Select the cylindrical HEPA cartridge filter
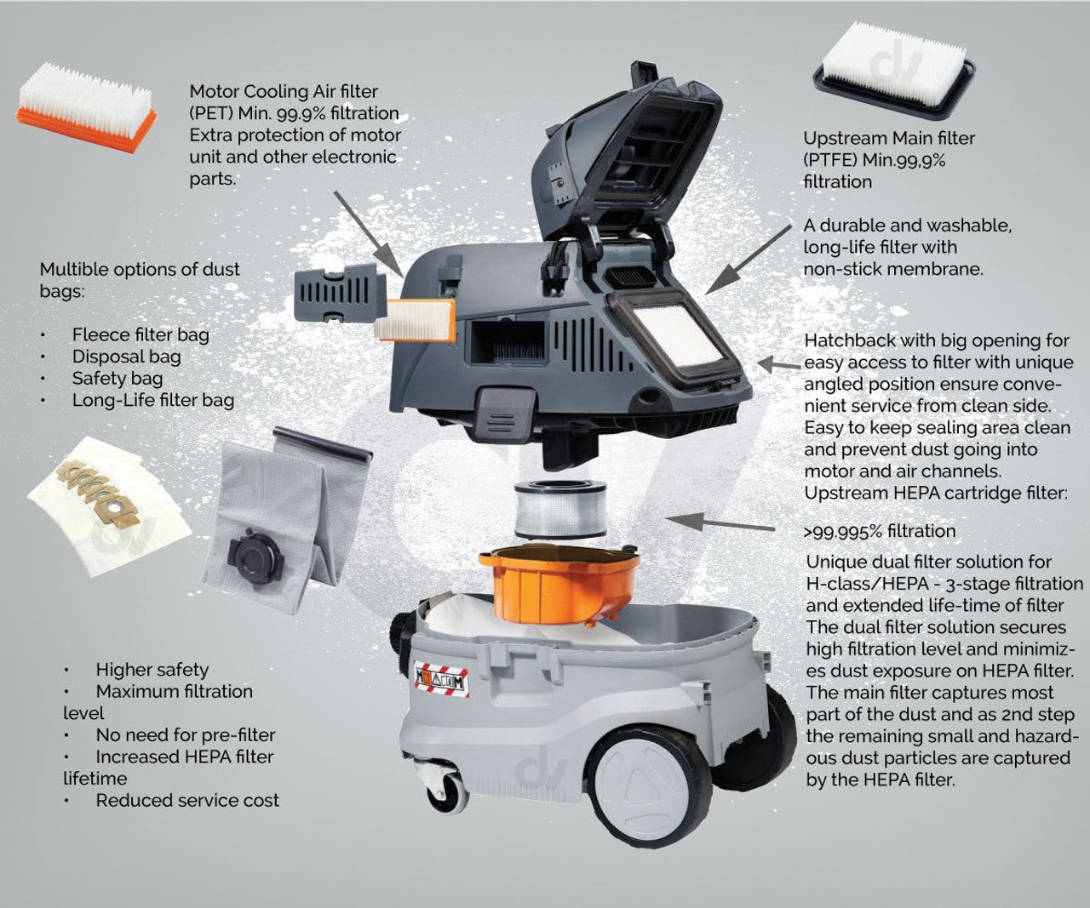point(560,510)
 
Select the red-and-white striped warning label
point(441,679)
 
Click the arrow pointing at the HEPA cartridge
point(720,523)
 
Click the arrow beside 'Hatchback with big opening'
point(778,364)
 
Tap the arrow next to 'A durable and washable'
point(748,260)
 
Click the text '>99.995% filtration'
point(880,531)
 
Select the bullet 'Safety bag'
point(118,379)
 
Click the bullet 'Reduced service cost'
point(187,800)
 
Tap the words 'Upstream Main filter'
point(889,138)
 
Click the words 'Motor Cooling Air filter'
point(284,91)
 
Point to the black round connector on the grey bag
point(255,555)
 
